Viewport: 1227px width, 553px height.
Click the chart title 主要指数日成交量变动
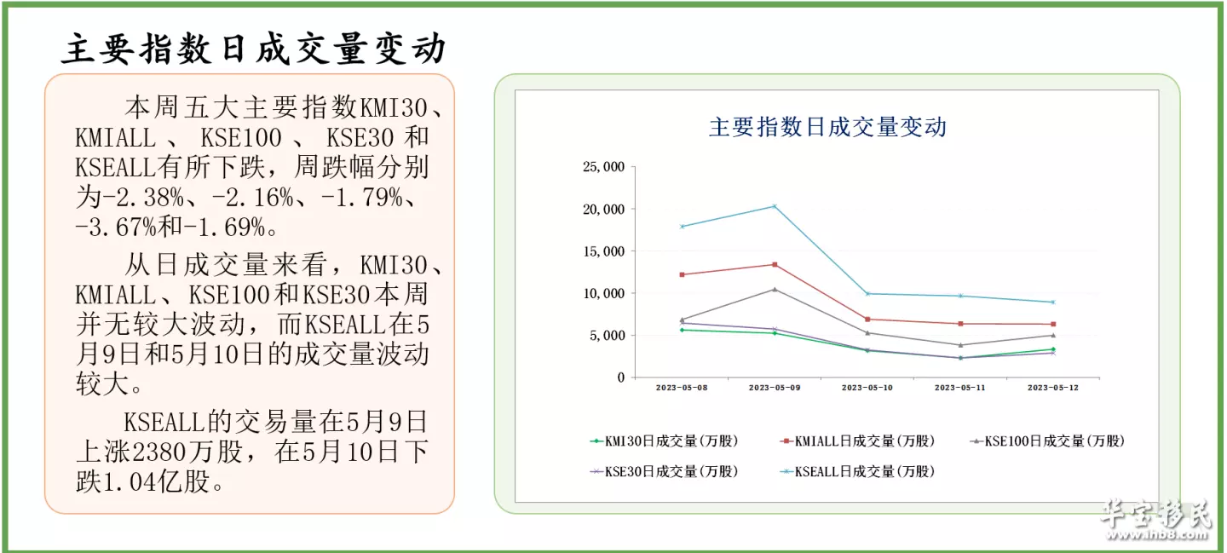pyautogui.click(x=827, y=128)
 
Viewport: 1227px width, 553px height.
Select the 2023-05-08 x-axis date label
pyautogui.click(x=682, y=388)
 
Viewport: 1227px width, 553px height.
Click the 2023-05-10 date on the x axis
pyautogui.click(x=867, y=388)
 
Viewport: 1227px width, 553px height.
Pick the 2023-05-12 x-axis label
pyautogui.click(x=1053, y=388)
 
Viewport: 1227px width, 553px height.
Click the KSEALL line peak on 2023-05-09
pyautogui.click(x=775, y=206)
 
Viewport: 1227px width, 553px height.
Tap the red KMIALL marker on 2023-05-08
pyautogui.click(x=682, y=274)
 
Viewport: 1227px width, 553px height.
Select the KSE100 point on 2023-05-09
pyautogui.click(x=775, y=289)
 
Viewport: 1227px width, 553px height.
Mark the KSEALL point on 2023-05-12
pyautogui.click(x=1053, y=302)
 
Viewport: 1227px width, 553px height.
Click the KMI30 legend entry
pyautogui.click(x=665, y=441)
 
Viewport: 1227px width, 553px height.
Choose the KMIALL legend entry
pyautogui.click(x=858, y=441)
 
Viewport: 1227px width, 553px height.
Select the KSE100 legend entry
pyautogui.click(x=1048, y=441)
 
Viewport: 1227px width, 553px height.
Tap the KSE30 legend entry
pyautogui.click(x=665, y=471)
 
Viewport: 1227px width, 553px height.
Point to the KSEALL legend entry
pyautogui.click(x=858, y=471)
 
